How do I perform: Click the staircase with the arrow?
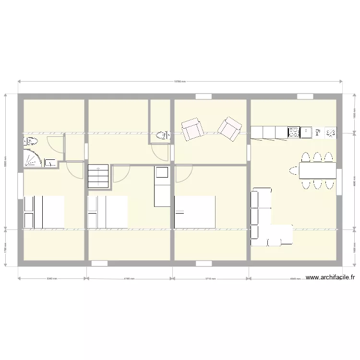pos(98,176)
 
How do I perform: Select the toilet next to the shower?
pos(32,141)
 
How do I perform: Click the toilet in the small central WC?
pos(163,135)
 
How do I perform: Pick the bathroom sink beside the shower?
pos(50,163)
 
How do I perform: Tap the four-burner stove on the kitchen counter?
pos(294,132)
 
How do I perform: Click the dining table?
pos(317,170)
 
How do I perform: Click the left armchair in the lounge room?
pos(192,129)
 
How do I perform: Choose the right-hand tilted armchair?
pos(229,128)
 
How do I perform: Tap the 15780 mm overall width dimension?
pos(180,81)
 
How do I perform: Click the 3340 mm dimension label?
pos(51,278)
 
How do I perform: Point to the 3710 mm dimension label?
pos(211,278)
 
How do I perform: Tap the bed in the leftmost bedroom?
pos(44,212)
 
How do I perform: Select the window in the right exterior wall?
pos(339,183)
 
